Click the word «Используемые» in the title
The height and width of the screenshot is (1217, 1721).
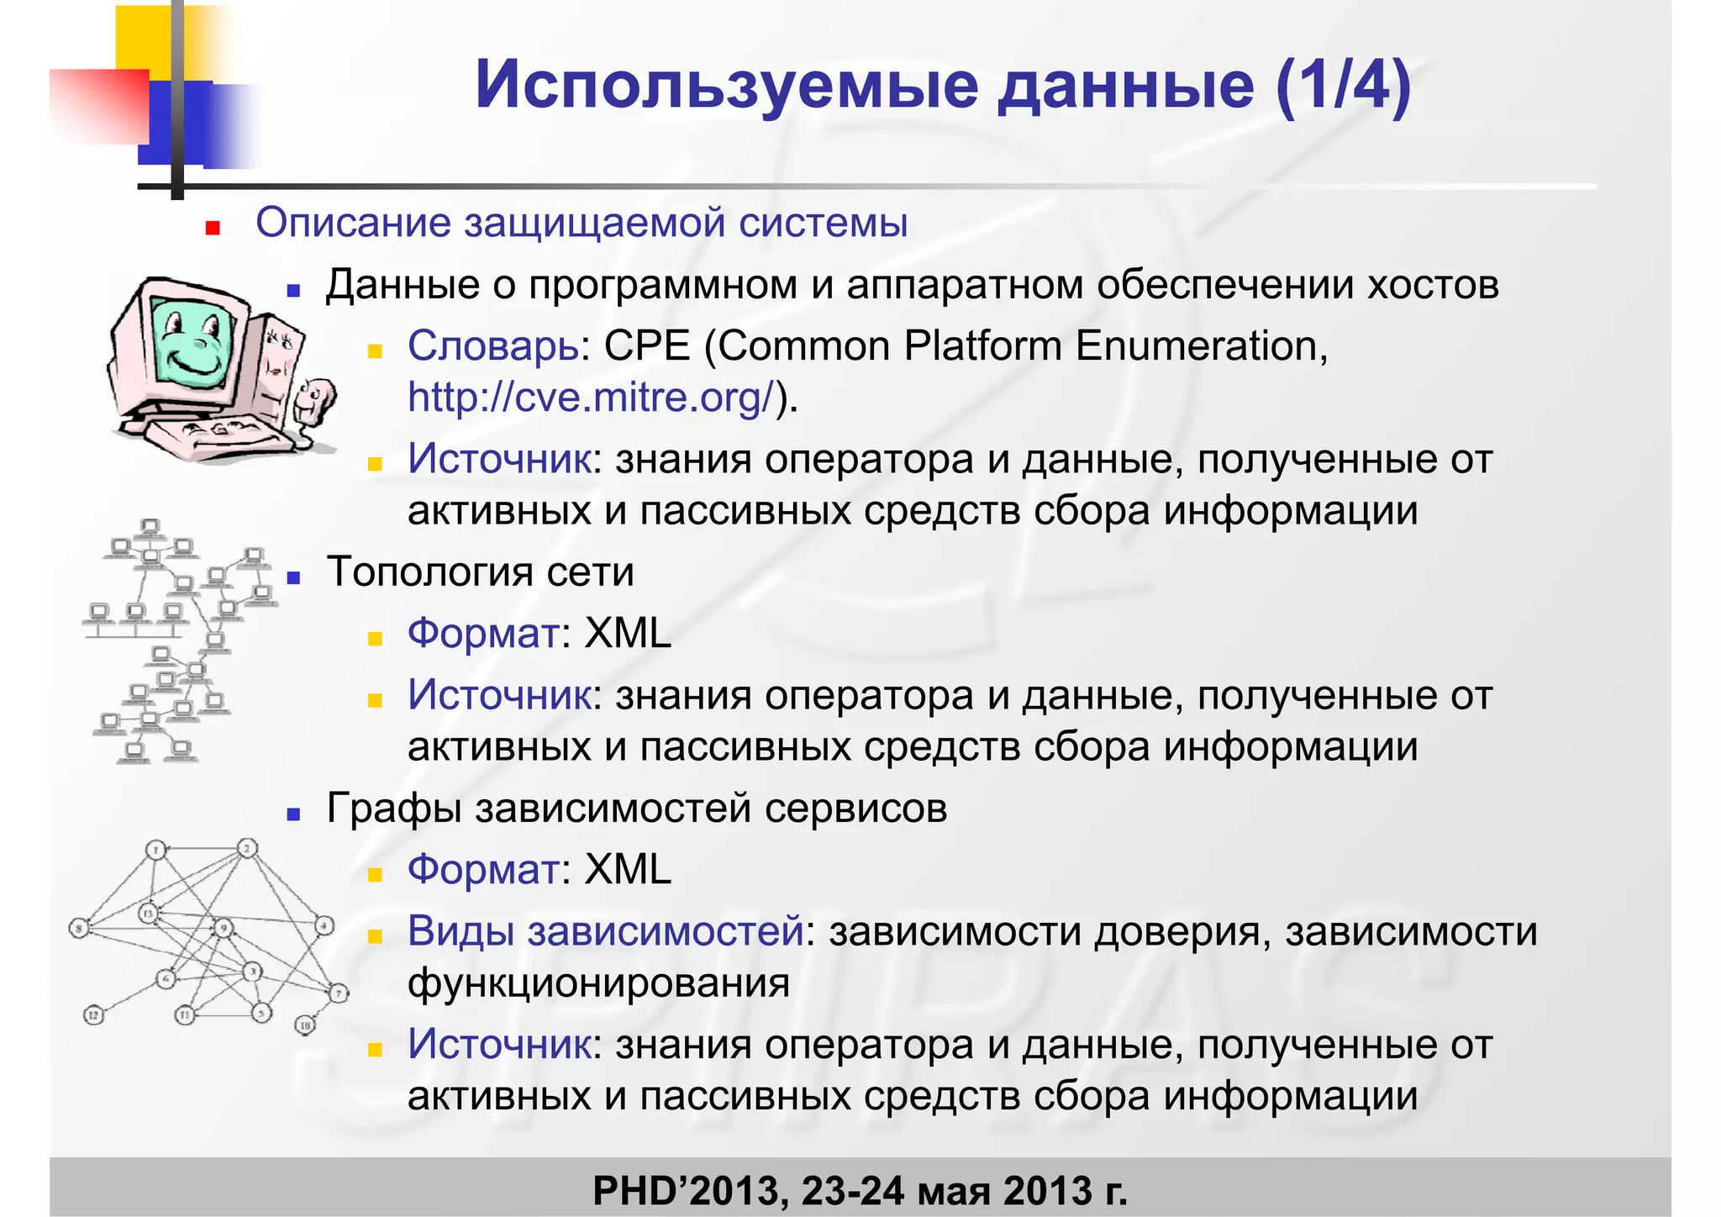coord(726,86)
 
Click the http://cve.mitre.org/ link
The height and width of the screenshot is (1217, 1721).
coord(590,397)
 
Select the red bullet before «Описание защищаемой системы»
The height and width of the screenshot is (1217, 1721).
coord(213,227)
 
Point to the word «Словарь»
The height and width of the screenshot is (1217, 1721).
coord(493,345)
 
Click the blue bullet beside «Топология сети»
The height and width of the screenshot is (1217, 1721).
coord(293,577)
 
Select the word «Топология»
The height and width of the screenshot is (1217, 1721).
coord(429,572)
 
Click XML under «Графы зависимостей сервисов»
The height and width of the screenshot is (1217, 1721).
coord(628,869)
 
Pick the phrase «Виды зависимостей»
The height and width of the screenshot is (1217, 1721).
coord(605,931)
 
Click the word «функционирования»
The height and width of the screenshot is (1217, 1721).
coord(598,983)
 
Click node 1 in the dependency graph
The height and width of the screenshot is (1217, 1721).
coord(156,850)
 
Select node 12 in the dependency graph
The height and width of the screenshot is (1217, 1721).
coord(93,1015)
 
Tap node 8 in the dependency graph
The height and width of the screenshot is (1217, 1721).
coord(79,929)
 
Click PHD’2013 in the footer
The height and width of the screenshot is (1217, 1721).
coord(686,1191)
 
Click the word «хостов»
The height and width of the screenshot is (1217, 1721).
coord(1433,285)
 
